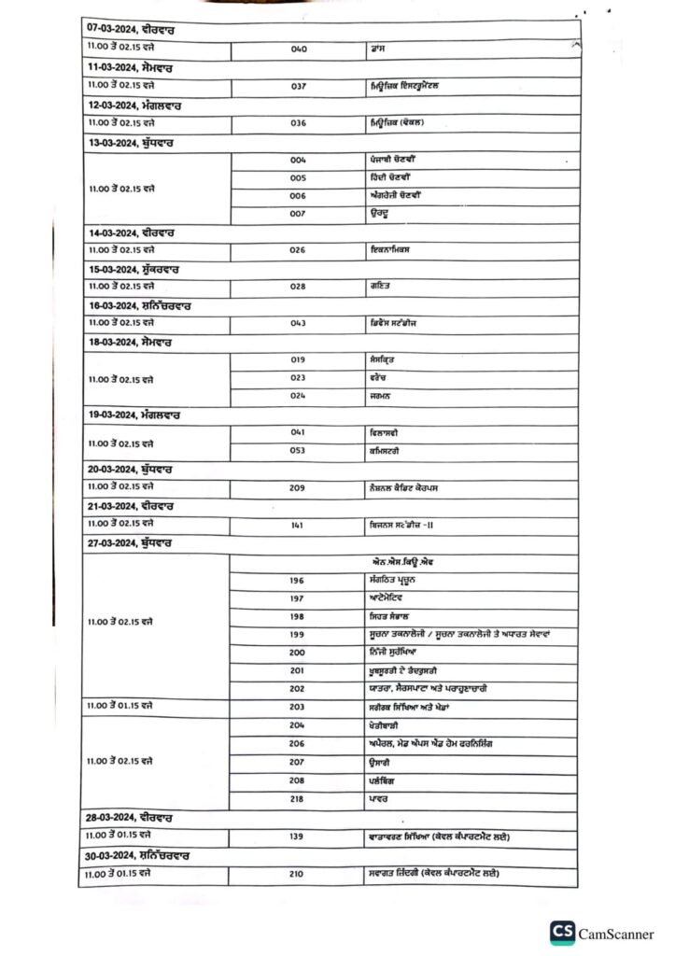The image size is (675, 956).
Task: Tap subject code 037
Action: [299, 86]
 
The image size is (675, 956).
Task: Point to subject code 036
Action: [299, 123]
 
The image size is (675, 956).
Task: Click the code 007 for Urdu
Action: [299, 214]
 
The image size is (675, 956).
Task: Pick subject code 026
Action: [299, 250]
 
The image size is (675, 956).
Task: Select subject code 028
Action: [299, 287]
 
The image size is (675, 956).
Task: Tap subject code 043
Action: [299, 323]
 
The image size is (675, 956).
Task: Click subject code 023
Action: [299, 377]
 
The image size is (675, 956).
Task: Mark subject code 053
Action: [299, 451]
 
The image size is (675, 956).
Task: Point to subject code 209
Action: [299, 487]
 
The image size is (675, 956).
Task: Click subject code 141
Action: [298, 525]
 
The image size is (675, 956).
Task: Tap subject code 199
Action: [298, 635]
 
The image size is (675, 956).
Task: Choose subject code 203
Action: [298, 707]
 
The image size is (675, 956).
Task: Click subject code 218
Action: [298, 798]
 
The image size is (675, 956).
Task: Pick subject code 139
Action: [297, 836]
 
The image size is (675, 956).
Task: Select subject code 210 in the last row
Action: [298, 873]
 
